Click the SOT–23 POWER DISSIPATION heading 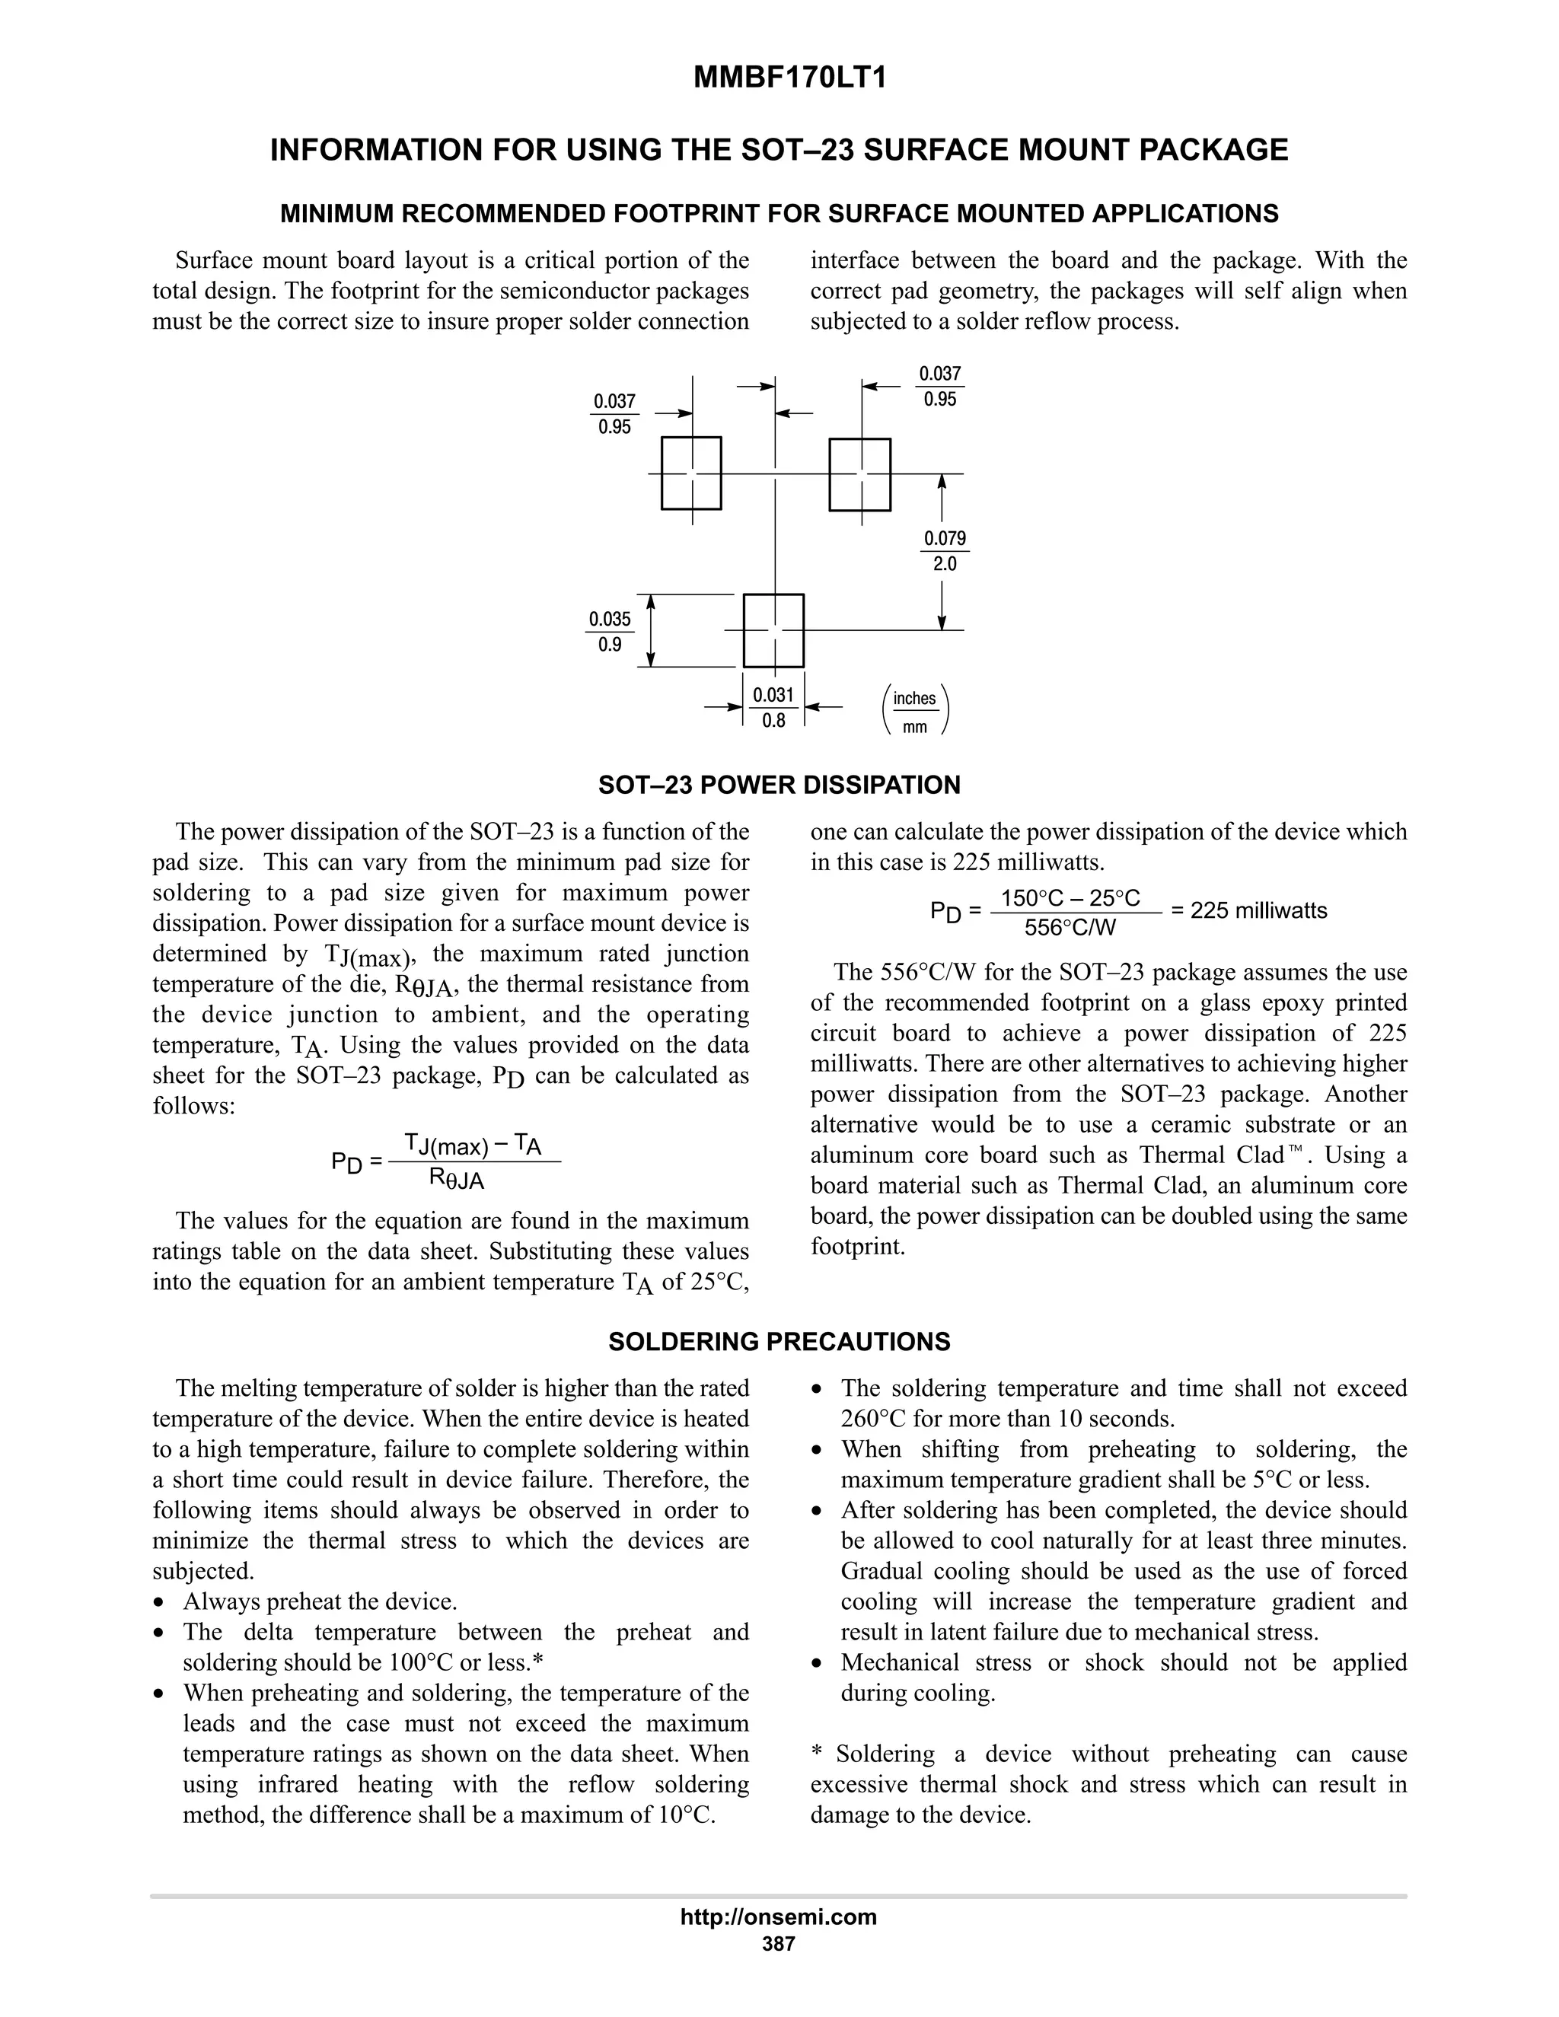[x=779, y=785]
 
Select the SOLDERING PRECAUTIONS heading [x=779, y=1342]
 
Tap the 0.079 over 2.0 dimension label [x=945, y=551]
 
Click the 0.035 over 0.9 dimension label [x=610, y=632]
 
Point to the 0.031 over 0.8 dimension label [x=774, y=707]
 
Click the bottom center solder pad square [x=774, y=630]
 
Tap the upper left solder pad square [x=691, y=473]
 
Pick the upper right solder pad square [x=860, y=475]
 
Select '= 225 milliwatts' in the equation [x=1248, y=910]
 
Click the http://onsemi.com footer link [x=778, y=1917]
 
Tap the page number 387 [x=778, y=1944]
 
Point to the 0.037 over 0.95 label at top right [x=940, y=387]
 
